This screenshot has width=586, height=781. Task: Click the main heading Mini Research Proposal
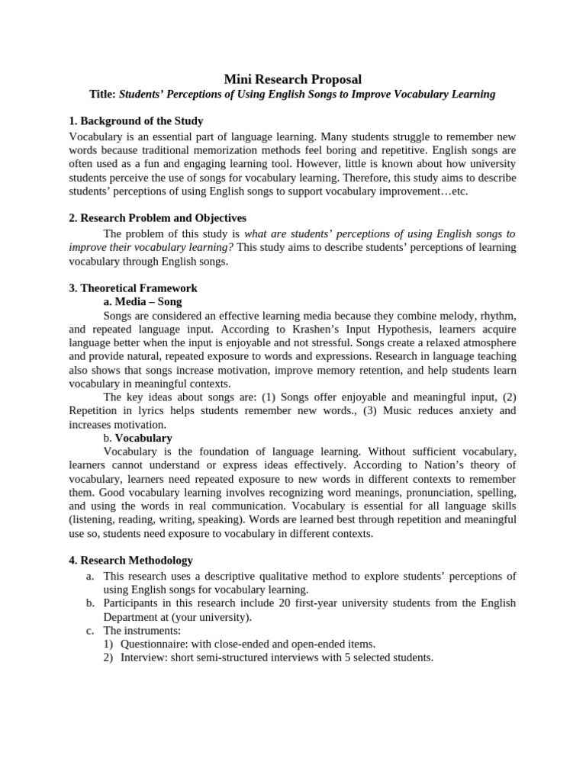[x=292, y=79]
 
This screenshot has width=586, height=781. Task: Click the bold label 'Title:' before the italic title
[x=102, y=94]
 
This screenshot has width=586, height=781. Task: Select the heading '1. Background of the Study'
[x=136, y=121]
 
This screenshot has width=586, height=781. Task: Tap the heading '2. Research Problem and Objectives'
[x=157, y=218]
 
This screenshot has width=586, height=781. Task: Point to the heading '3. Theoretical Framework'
[x=133, y=288]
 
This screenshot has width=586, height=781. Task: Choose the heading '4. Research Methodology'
[x=130, y=561]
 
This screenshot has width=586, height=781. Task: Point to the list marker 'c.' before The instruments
[x=90, y=631]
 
